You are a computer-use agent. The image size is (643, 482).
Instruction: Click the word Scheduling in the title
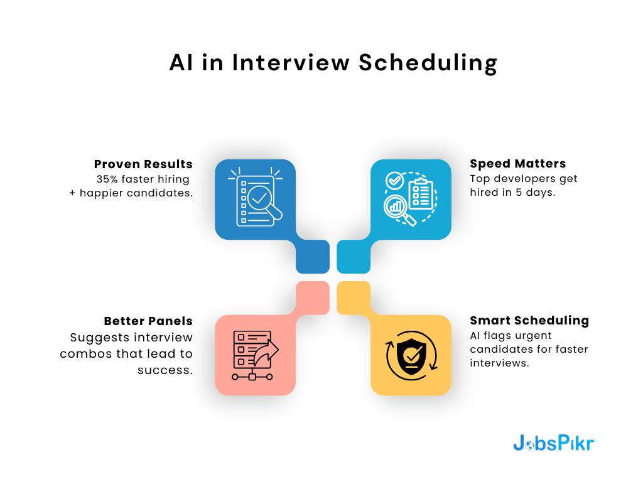428,63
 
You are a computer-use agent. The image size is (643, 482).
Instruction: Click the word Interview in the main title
291,63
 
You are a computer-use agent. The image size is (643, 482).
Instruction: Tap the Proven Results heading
143,164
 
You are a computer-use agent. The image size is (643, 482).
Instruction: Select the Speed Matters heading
518,164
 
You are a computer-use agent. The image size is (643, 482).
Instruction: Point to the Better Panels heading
148,321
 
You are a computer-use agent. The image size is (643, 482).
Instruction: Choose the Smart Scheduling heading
529,321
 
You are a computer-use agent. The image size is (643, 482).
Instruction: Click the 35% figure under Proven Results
107,179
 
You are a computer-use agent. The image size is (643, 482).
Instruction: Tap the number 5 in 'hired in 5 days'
519,193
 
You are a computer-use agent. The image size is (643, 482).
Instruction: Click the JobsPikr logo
554,443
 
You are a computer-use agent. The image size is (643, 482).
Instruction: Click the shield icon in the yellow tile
412,356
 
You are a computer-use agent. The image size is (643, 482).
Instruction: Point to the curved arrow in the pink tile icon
266,352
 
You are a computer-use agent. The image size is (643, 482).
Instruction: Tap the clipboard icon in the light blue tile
421,194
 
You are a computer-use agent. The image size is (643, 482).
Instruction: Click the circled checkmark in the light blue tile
394,180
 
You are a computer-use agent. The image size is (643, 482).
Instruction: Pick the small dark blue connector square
313,257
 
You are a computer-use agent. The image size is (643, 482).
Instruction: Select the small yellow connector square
354,298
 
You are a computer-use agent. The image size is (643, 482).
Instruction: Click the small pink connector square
313,298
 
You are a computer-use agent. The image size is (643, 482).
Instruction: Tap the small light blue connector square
354,257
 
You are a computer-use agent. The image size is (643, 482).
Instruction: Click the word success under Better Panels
165,370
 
